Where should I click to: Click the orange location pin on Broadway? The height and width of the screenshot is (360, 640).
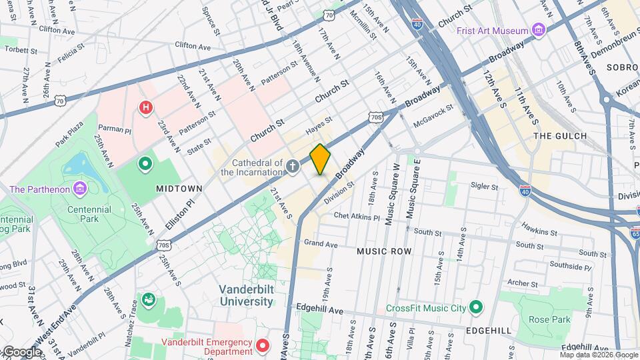pos(321,159)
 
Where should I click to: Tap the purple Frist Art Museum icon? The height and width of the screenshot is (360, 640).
pos(539,30)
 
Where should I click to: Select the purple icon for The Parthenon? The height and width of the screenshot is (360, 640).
pos(80,189)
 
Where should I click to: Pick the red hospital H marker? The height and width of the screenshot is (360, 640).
pos(145,107)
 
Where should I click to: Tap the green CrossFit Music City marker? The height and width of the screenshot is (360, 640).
pos(475,307)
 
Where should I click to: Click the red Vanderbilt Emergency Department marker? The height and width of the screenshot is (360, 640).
pos(263,345)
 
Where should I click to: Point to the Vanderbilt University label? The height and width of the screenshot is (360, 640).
pos(247,295)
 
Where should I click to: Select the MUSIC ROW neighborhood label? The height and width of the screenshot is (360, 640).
pos(384,251)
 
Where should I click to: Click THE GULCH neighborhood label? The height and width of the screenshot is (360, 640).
pos(560,136)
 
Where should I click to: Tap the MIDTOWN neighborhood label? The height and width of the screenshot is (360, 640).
pos(179,189)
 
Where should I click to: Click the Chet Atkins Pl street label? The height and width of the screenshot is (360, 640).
pos(356,217)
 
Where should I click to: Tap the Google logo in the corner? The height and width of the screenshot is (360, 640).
pos(22,352)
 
